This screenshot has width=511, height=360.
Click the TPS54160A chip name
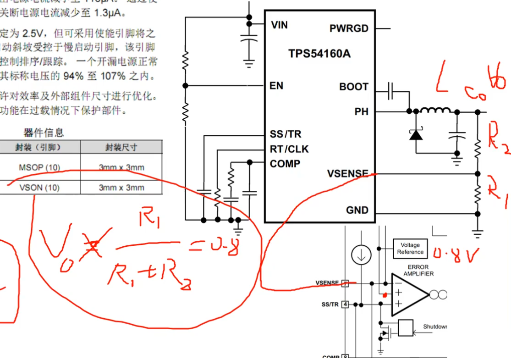click(x=319, y=54)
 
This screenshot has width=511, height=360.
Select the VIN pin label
click(x=279, y=25)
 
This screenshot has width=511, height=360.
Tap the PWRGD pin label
click(x=349, y=28)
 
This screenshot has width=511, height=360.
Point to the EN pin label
click(x=276, y=86)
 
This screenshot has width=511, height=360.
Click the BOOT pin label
click(x=354, y=87)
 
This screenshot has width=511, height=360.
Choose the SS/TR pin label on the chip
click(x=286, y=134)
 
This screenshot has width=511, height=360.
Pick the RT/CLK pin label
click(x=289, y=149)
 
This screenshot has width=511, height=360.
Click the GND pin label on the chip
click(x=357, y=210)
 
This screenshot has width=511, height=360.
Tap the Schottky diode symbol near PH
click(x=416, y=134)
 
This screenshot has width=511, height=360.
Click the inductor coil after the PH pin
click(x=435, y=111)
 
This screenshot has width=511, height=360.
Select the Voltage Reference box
click(x=410, y=249)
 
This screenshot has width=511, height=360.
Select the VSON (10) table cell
click(x=39, y=188)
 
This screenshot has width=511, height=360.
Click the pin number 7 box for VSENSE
click(x=345, y=283)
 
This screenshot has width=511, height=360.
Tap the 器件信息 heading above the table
click(x=44, y=133)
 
